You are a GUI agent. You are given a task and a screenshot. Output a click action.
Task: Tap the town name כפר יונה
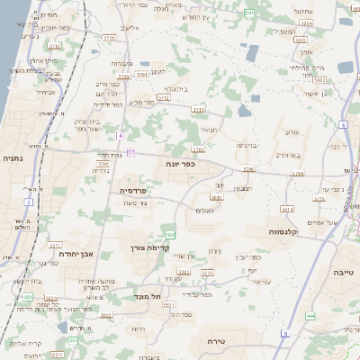[180, 165]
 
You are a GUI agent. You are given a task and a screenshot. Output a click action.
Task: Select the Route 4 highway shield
[119, 135]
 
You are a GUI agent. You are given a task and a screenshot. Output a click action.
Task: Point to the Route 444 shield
[310, 316]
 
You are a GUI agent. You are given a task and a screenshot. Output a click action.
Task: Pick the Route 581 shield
[29, 296]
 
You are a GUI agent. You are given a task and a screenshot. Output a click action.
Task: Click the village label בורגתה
[247, 145]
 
